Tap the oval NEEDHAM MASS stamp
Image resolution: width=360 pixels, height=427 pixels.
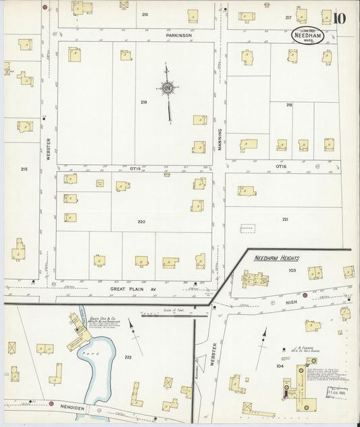click(x=307, y=35)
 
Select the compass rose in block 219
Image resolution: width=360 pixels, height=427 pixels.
click(x=166, y=87)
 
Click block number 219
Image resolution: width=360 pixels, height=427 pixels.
click(x=144, y=103)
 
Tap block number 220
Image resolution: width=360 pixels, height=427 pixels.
click(x=141, y=222)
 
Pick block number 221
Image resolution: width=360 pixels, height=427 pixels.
click(x=285, y=219)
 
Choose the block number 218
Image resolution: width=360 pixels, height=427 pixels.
click(x=289, y=105)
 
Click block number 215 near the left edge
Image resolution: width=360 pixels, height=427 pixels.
click(x=24, y=169)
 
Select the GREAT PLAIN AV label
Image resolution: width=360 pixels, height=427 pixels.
click(x=128, y=288)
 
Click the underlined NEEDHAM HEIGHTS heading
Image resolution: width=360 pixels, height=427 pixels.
click(x=276, y=258)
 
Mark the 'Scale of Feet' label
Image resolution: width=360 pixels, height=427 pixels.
click(x=175, y=310)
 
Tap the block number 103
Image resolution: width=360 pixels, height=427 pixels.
click(x=292, y=270)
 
